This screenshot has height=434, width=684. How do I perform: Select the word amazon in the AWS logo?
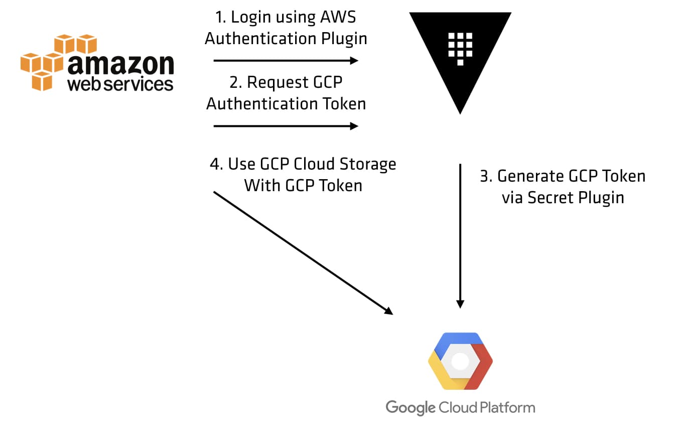tap(120, 64)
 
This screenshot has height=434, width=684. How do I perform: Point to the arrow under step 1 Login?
tap(286, 61)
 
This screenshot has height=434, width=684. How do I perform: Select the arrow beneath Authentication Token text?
tap(286, 126)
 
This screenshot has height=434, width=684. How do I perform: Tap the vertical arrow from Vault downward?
tap(460, 236)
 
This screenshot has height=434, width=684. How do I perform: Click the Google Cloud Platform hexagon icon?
tap(460, 361)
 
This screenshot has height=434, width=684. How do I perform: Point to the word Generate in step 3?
tap(530, 176)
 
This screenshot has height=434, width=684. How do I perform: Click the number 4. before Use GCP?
tap(216, 164)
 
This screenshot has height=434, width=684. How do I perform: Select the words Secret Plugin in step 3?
tap(576, 198)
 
